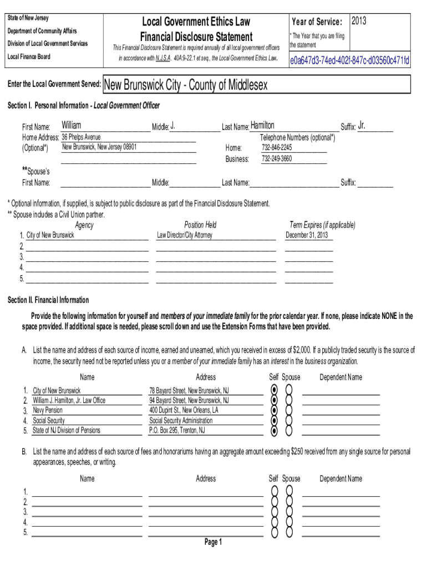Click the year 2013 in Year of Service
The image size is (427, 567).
click(x=358, y=21)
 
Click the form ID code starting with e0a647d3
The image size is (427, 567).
click(x=350, y=60)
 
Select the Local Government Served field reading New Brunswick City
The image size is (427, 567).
click(x=186, y=85)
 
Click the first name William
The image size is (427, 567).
click(x=71, y=126)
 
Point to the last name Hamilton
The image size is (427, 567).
click(x=262, y=126)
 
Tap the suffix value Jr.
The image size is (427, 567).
click(x=362, y=126)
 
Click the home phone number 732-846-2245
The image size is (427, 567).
click(x=277, y=148)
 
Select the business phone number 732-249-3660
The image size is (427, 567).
click(x=277, y=159)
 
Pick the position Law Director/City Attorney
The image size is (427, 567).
click(x=185, y=235)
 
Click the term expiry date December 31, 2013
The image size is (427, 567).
click(x=307, y=235)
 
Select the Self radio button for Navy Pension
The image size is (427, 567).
click(x=274, y=410)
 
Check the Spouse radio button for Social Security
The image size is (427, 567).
click(x=288, y=421)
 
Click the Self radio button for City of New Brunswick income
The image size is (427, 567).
click(x=274, y=390)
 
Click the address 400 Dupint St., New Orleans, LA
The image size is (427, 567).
click(x=184, y=410)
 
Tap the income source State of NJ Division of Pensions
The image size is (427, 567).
click(x=67, y=430)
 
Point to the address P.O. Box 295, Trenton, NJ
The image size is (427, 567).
click(x=177, y=430)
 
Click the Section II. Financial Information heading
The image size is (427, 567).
click(x=48, y=300)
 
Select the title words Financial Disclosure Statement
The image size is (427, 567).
click(x=196, y=37)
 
